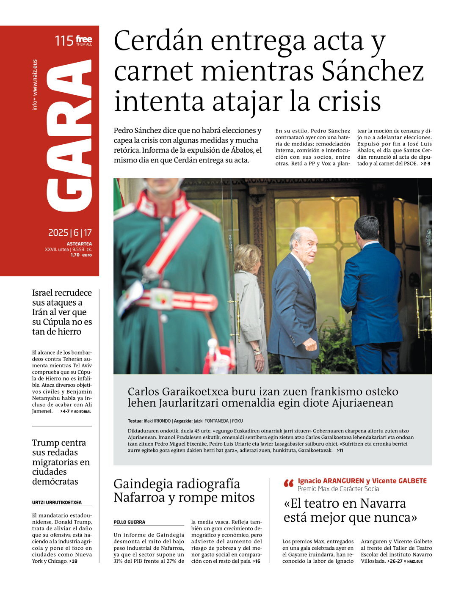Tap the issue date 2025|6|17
tap(70, 233)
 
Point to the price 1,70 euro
tap(81, 255)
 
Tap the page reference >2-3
tap(425, 164)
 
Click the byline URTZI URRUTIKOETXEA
tap(57, 503)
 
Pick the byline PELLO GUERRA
tap(129, 522)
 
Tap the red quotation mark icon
tap(289, 483)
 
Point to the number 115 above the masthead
tap(64, 41)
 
